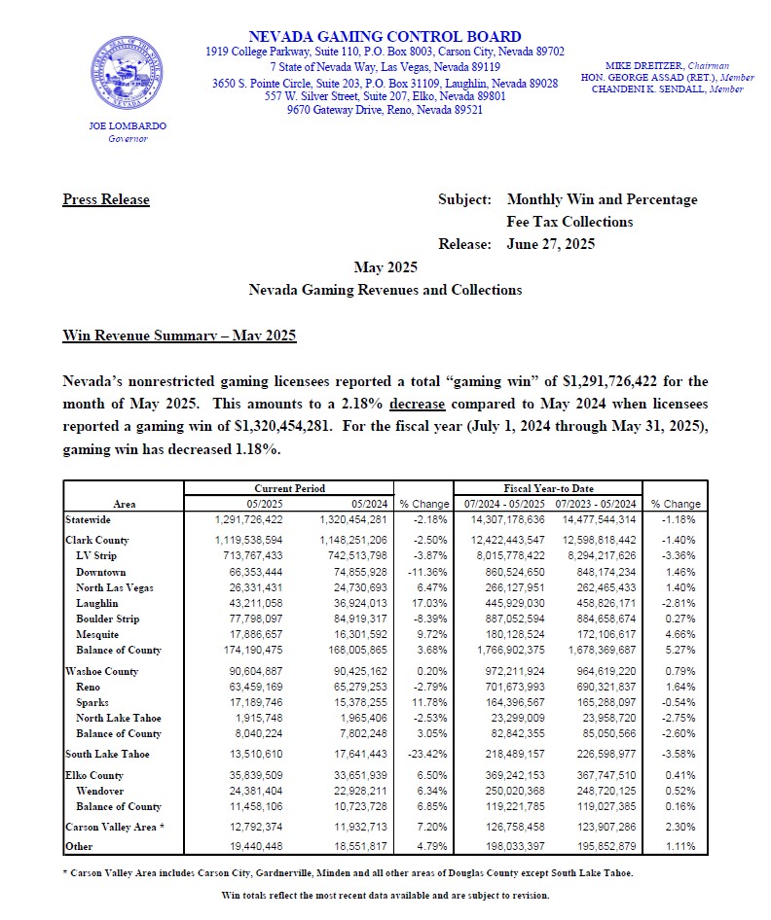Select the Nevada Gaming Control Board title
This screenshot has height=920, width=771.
coord(385,37)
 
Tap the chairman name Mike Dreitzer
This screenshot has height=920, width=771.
coord(637,64)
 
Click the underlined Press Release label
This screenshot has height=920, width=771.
coord(106,199)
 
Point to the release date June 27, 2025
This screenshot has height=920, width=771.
coord(551,244)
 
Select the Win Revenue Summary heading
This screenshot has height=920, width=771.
coord(179,336)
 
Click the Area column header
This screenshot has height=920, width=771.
coord(124,504)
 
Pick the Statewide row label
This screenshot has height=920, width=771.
coord(89,519)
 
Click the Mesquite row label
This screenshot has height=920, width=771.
coord(101,635)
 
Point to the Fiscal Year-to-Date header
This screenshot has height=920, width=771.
coord(550,488)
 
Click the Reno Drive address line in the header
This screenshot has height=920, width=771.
coord(385,110)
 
